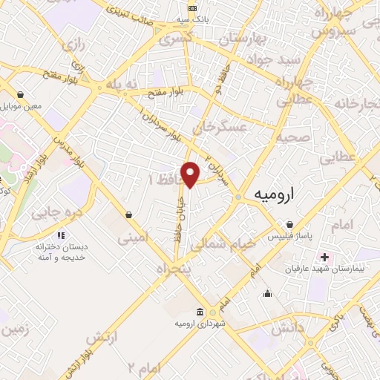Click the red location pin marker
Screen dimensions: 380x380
[191, 174]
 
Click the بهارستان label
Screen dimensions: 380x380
[236, 38]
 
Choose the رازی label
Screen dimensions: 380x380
[74, 47]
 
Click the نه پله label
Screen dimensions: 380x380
[122, 85]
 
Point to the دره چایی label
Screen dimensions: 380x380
[55, 214]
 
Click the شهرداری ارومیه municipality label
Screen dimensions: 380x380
[200, 324]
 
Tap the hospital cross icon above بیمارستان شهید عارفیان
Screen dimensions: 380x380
[324, 257]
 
